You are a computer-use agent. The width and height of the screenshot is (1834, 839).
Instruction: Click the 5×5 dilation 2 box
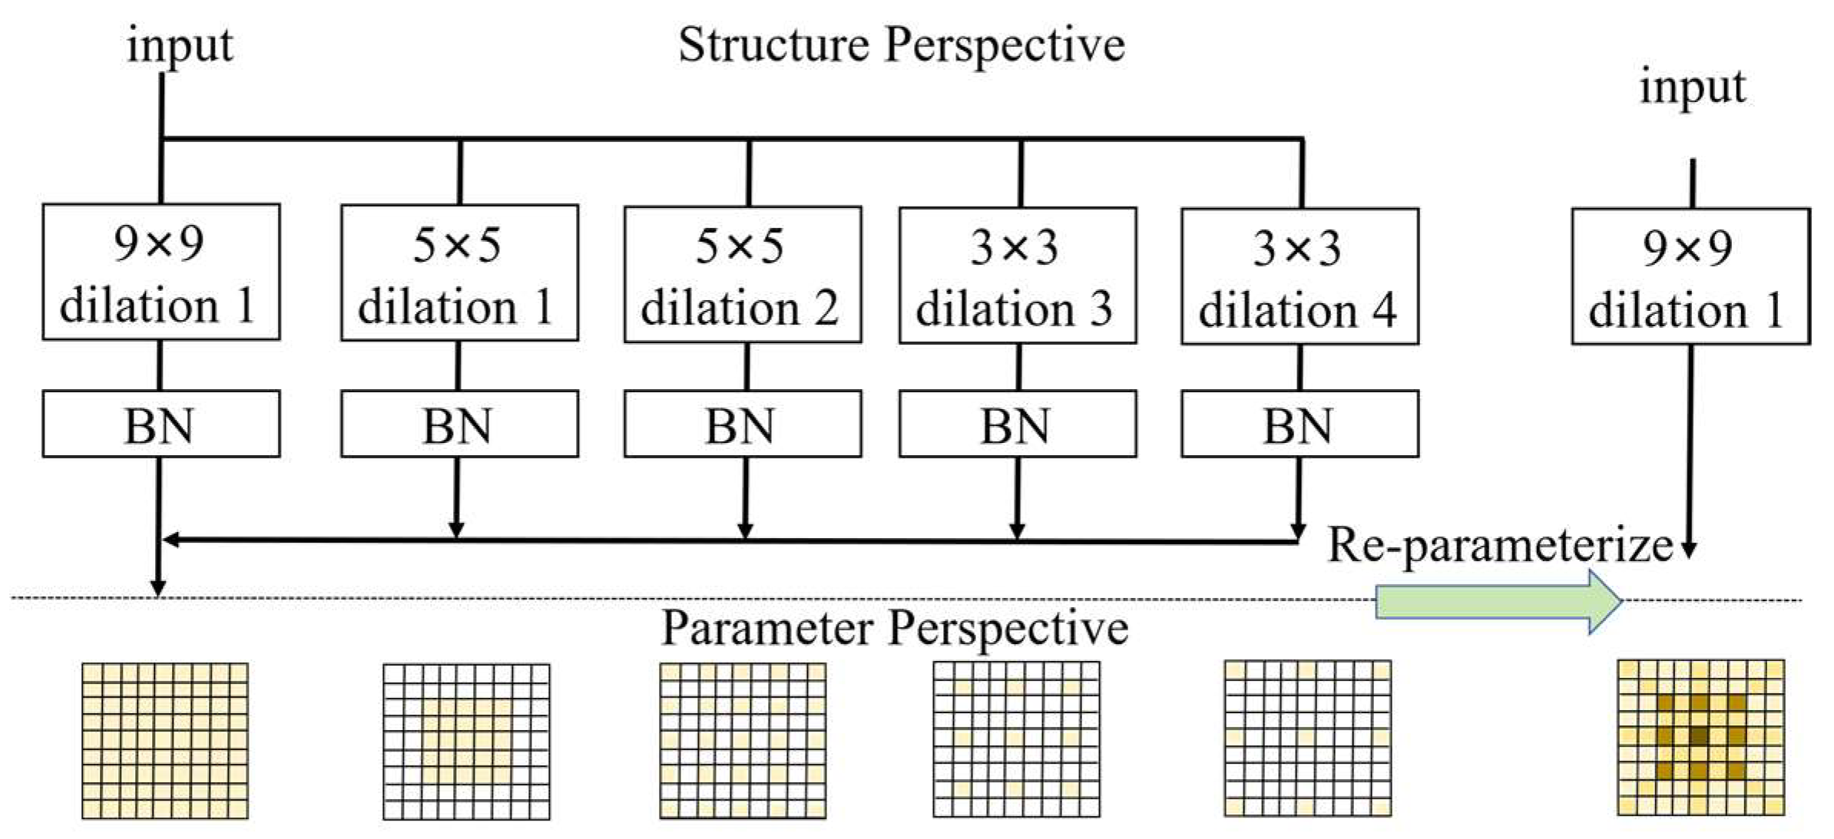742,274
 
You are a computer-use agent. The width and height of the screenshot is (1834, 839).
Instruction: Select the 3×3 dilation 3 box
1018,275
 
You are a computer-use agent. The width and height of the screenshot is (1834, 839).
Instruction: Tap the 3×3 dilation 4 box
1299,276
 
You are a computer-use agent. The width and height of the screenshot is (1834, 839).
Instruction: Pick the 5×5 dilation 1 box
459,273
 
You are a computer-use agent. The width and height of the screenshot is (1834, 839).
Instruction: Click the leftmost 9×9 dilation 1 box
161,272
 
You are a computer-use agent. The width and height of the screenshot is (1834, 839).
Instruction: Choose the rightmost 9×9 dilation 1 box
1690,276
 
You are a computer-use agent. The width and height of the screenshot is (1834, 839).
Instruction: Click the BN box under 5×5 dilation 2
742,424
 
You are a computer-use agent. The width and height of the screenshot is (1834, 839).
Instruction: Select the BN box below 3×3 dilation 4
1299,424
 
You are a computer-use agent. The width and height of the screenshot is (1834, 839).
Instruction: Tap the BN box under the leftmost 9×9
161,424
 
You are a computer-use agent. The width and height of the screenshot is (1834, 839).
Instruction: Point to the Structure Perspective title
901,45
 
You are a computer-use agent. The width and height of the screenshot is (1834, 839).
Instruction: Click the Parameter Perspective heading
895,628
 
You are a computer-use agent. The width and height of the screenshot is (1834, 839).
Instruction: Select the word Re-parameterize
1500,545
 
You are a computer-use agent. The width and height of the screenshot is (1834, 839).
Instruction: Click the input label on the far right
1693,87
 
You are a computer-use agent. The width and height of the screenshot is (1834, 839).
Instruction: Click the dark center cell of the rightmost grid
1700,736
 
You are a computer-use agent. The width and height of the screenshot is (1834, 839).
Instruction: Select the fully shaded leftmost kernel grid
165,741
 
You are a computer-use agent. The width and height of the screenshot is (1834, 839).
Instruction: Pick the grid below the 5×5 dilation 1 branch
466,742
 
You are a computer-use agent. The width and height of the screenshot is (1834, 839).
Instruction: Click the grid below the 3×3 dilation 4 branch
1307,738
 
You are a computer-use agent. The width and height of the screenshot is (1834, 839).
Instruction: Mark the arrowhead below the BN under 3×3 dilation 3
1017,530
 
